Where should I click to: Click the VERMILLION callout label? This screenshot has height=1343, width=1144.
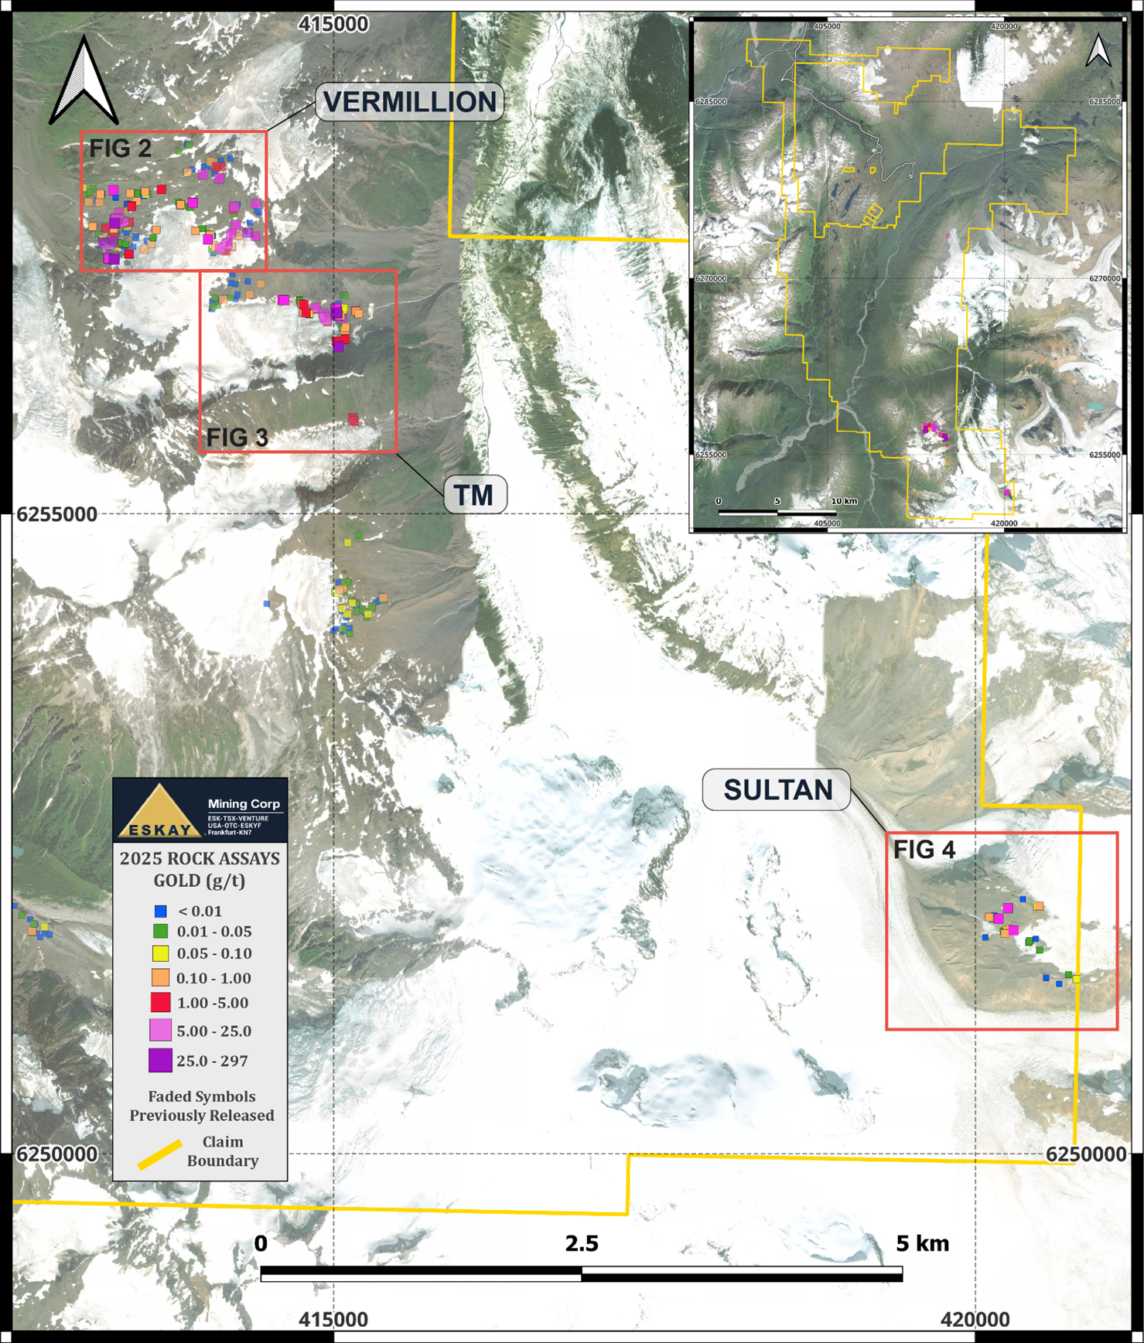409,102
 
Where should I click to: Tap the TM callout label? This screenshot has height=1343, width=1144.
474,495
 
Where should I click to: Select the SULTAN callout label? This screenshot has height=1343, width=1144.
777,789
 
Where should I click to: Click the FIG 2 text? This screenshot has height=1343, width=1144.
120,148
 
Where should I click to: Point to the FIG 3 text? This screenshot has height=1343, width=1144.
237,438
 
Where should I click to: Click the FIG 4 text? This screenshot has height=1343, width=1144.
924,850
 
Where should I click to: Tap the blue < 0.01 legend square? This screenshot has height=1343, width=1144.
160,912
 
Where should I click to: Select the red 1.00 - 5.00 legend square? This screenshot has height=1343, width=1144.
160,1003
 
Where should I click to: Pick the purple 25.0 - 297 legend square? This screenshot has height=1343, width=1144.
160,1060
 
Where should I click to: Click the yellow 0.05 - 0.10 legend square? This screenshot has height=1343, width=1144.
160,953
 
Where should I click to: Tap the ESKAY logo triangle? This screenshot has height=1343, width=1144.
159,813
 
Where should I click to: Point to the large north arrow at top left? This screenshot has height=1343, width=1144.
84,82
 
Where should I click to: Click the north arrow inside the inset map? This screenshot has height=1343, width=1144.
1098,51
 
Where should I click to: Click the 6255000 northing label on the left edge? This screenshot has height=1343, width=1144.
57,514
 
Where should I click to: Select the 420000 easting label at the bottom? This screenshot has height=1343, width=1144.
975,1320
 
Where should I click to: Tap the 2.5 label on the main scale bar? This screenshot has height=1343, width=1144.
582,1243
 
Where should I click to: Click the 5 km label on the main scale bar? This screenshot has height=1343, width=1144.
922,1243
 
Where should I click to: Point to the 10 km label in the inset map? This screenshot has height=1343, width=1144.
845,501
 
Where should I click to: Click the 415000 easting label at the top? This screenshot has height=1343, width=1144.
333,25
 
